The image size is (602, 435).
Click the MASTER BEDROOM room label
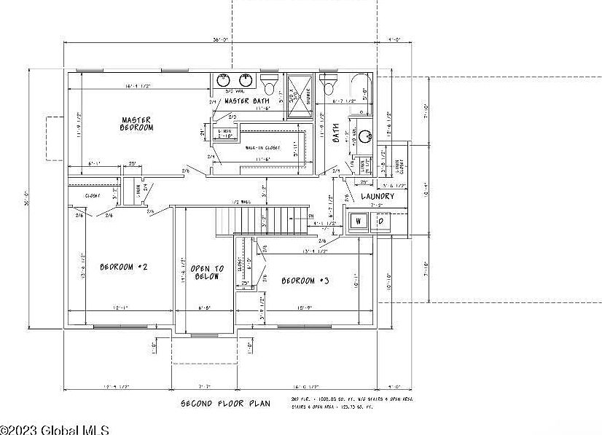(x=137, y=123)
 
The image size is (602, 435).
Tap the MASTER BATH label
(x=246, y=101)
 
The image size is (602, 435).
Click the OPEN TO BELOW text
(x=207, y=273)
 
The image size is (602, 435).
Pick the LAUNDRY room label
(x=378, y=196)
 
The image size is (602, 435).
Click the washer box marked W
(x=358, y=221)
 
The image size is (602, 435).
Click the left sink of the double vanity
(x=222, y=79)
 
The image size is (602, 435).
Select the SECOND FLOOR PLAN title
(x=225, y=403)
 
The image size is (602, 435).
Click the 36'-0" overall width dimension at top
(x=222, y=39)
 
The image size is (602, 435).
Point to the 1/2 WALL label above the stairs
(x=241, y=202)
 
